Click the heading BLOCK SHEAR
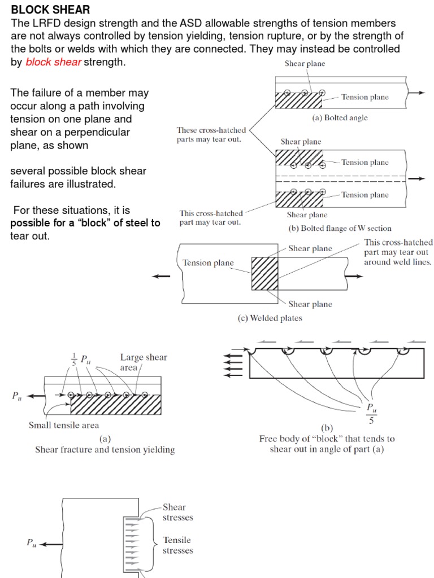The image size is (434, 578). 50,10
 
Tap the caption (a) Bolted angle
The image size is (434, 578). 340,118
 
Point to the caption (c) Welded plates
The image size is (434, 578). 270,318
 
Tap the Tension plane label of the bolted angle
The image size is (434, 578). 364,97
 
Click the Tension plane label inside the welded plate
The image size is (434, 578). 208,262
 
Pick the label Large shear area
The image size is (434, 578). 144,362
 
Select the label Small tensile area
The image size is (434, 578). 64,425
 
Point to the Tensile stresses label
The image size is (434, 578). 177,545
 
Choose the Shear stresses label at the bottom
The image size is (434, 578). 177,512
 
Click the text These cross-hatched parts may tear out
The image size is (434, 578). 211,134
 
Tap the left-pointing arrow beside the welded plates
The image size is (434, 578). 161,276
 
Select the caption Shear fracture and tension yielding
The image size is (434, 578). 105,450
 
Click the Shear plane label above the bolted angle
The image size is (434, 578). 305,64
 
